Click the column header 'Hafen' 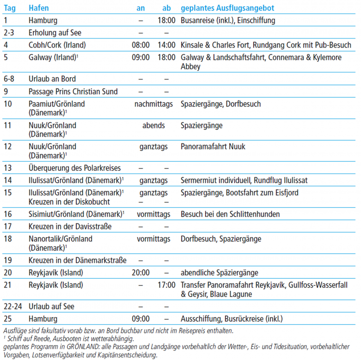tap(38, 9)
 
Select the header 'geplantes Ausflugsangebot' tap(227, 9)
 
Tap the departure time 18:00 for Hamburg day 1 tap(166, 20)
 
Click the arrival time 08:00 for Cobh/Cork tap(141, 45)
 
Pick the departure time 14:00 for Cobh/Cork tap(166, 45)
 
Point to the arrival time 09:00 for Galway tap(141, 57)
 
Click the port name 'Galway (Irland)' tap(52, 57)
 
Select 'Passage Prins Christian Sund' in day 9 tap(73, 91)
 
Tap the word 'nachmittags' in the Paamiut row tap(153, 104)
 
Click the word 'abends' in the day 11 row tap(153, 126)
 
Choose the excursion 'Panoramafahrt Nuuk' tap(213, 146)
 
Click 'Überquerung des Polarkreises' tap(75, 168)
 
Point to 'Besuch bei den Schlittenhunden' tap(230, 214)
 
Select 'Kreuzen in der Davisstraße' tap(70, 226)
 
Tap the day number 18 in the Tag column tap(8, 239)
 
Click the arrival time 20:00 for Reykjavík tap(141, 272)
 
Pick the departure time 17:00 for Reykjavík tap(166, 285)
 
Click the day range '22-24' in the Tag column tap(12, 307)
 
